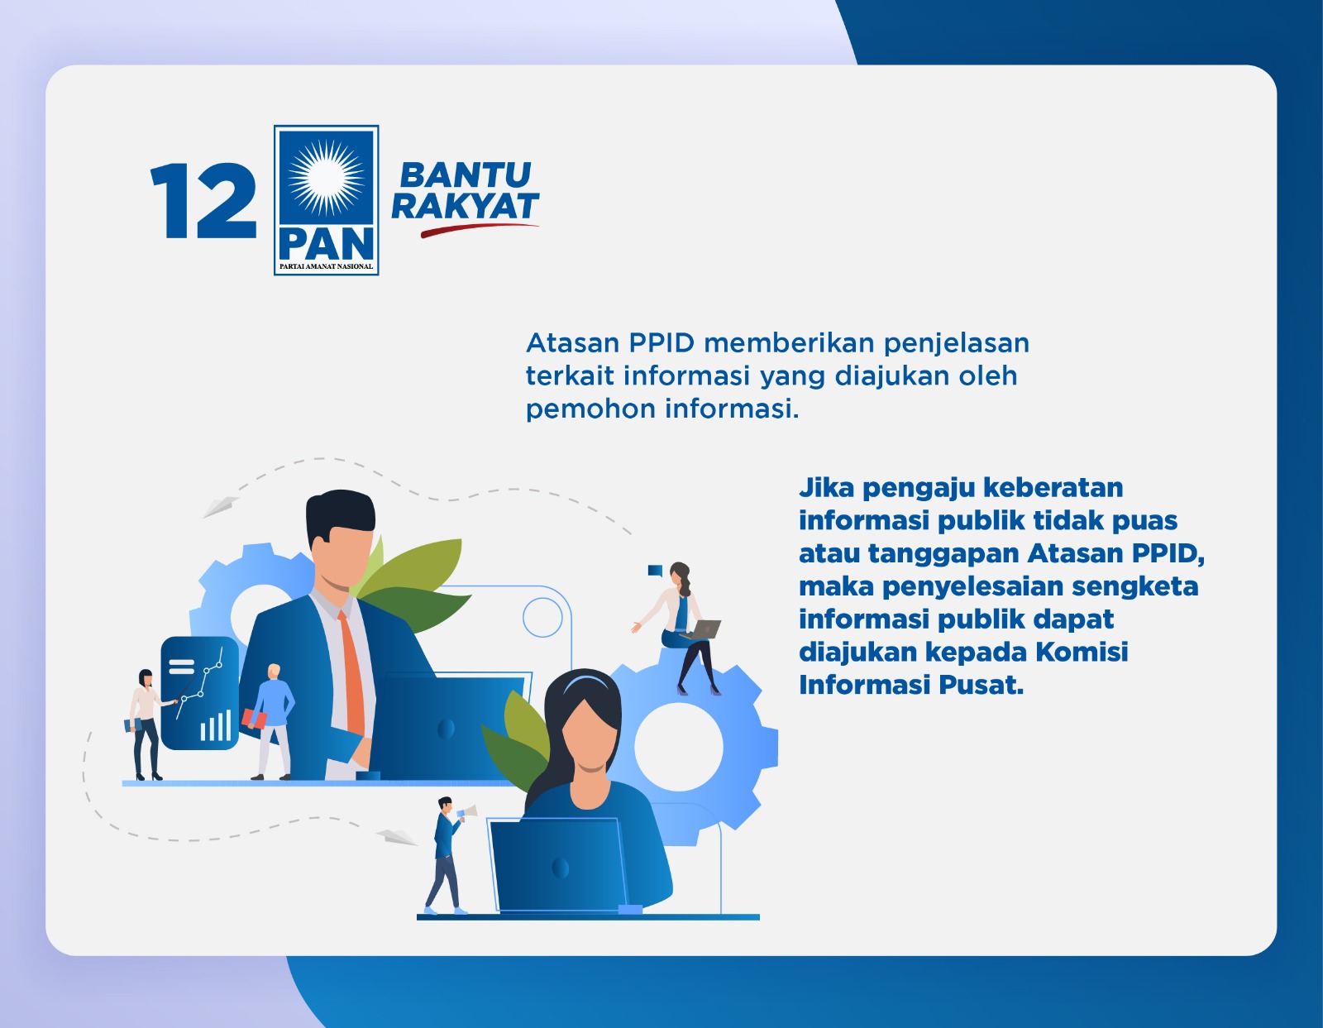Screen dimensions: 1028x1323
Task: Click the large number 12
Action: (203, 201)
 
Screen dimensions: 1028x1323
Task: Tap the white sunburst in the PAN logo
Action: (326, 175)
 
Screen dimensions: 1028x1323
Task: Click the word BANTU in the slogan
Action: (465, 175)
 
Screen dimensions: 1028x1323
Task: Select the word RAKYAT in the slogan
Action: (465, 207)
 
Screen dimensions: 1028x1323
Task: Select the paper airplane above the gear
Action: (220, 505)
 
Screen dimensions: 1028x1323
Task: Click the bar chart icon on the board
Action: (215, 725)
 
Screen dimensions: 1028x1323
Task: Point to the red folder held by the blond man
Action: (254, 719)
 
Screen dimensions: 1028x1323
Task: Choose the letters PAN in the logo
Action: (326, 244)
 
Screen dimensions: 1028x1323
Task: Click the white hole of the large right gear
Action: (678, 747)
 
